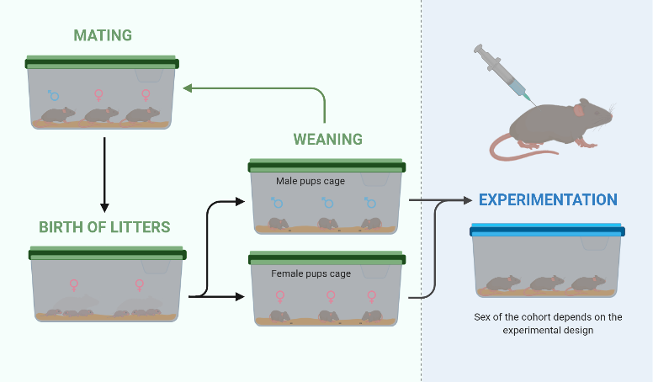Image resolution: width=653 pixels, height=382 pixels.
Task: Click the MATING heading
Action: coord(102,35)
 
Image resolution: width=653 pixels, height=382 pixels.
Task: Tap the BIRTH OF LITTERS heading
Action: coord(104,226)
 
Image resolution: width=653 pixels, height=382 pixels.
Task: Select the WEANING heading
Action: coord(327,138)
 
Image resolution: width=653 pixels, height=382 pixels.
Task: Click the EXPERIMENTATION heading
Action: coord(548,200)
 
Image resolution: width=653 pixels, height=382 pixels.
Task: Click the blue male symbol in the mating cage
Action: coord(54,95)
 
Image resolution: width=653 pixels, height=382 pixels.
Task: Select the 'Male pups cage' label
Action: coord(310,180)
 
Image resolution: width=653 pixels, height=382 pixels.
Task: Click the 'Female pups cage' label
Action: coord(311,273)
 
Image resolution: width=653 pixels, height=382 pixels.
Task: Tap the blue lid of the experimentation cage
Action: coord(547,229)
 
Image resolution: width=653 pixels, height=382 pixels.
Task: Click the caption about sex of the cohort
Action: coord(547,323)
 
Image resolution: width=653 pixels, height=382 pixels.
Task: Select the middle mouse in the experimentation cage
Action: coord(547,283)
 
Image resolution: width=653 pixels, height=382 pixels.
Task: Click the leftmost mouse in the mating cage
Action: coord(58,115)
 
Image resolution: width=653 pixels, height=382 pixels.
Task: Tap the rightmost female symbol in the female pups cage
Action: coord(371,296)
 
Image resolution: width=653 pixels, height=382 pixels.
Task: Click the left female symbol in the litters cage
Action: coord(74,285)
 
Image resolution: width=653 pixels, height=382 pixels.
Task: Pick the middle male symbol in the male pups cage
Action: coord(328,203)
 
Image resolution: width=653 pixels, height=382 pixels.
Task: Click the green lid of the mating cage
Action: coord(102,61)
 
